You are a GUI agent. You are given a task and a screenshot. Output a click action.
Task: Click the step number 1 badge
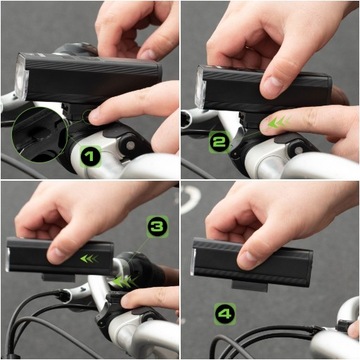[x=91, y=157]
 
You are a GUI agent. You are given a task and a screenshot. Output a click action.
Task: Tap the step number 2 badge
[x=219, y=142]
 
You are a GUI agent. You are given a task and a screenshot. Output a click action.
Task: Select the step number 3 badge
[x=158, y=227]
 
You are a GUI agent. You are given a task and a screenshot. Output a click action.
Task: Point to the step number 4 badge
[x=225, y=314]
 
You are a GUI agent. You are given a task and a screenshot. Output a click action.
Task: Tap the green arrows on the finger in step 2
[x=279, y=123]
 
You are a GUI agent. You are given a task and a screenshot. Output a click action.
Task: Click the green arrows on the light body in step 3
[x=90, y=258]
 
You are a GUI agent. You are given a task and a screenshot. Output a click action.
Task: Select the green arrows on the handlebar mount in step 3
[x=124, y=282]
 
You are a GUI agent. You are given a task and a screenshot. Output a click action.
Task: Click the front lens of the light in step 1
[x=21, y=77]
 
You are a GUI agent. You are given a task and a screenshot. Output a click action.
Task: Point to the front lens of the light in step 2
[x=200, y=87]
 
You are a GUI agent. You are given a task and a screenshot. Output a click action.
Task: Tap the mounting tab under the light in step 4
[x=250, y=286]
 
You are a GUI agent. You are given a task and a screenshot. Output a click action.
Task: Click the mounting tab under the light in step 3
[x=58, y=277]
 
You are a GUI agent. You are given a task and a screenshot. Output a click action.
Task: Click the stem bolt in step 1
[x=130, y=145]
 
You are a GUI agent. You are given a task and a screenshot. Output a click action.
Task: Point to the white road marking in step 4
[x=191, y=199]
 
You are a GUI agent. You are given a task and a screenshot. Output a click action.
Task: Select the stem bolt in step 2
[x=297, y=150]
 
